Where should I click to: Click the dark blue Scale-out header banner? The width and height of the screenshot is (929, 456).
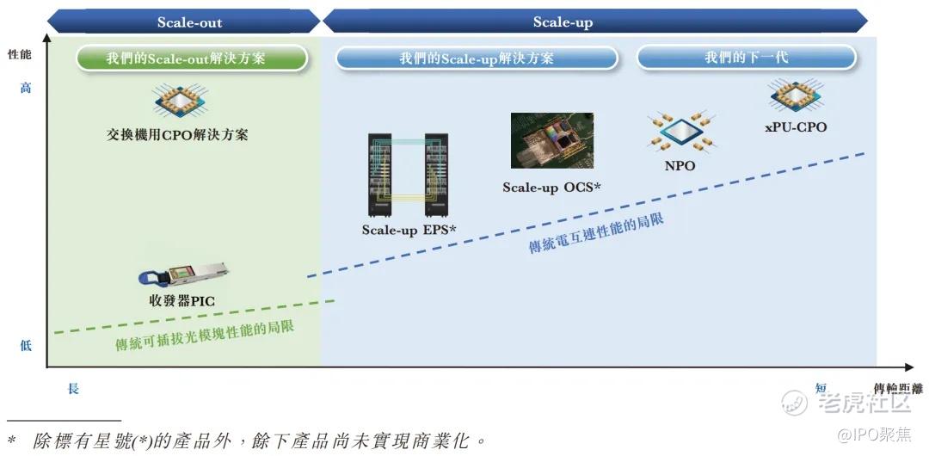(x=184, y=22)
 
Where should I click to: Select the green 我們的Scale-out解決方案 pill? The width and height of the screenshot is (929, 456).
(x=192, y=59)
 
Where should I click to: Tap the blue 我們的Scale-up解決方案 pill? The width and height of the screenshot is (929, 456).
(x=477, y=59)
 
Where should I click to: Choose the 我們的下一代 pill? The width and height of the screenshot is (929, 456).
(x=747, y=58)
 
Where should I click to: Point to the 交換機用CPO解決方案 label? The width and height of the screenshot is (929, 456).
(x=177, y=135)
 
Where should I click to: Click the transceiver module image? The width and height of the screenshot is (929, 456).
(x=184, y=274)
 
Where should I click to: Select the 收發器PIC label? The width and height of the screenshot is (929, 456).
(x=181, y=300)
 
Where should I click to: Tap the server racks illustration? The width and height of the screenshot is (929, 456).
(x=409, y=175)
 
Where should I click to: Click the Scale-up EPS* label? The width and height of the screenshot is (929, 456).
(x=409, y=230)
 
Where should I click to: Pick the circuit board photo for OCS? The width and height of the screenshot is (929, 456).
(x=552, y=140)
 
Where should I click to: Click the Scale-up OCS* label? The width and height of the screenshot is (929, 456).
(x=552, y=188)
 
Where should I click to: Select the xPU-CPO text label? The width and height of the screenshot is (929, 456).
(x=796, y=126)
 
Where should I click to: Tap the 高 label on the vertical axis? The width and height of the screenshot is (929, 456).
(x=26, y=89)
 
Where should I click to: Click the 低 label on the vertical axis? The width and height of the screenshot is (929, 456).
(x=26, y=345)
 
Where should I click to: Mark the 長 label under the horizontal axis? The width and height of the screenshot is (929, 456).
(x=73, y=389)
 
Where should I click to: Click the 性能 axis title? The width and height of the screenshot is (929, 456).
(x=20, y=54)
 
